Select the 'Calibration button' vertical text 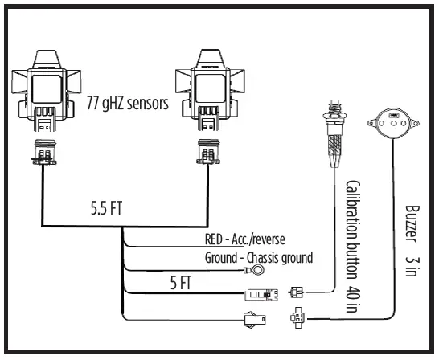pos(352,217)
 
